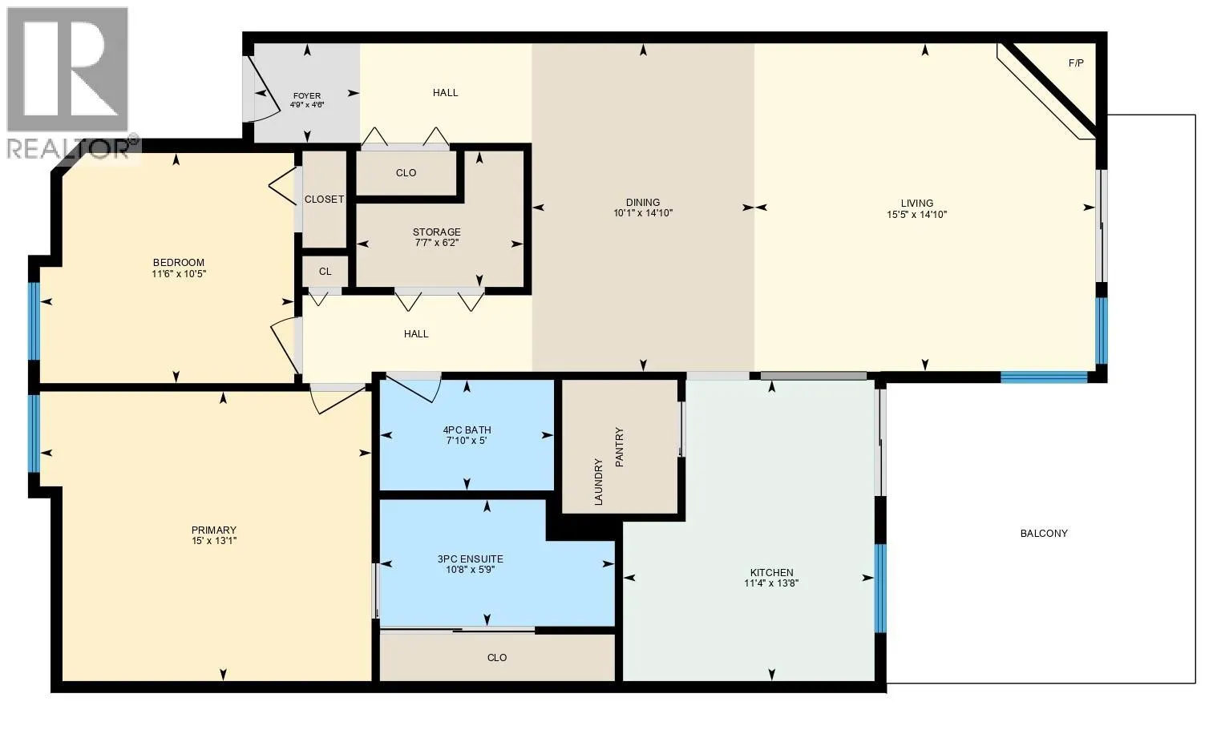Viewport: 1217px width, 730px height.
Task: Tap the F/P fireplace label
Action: (x=1076, y=63)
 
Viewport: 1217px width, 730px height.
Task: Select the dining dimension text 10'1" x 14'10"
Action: (x=643, y=214)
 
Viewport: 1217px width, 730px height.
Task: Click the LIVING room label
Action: (x=916, y=203)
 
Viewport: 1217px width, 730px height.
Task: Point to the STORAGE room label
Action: (x=437, y=232)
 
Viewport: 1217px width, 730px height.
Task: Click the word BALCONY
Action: (x=1044, y=533)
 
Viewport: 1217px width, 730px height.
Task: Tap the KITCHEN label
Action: (x=771, y=572)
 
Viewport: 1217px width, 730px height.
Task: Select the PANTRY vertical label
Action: (x=619, y=447)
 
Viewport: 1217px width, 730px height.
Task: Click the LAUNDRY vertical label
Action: (x=598, y=481)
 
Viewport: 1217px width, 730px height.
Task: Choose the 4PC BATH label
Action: (x=467, y=430)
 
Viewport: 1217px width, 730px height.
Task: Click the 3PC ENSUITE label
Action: (x=471, y=559)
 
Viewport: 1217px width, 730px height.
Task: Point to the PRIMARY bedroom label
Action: (x=214, y=530)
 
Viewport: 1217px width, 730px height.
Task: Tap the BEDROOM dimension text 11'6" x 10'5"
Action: (x=179, y=274)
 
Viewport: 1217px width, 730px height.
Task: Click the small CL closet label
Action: (x=325, y=272)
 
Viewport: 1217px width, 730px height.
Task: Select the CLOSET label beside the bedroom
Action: (x=324, y=199)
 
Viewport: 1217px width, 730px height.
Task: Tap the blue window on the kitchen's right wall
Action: (x=880, y=588)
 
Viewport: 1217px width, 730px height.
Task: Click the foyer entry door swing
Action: (x=258, y=92)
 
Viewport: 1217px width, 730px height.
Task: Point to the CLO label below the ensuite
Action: (x=497, y=657)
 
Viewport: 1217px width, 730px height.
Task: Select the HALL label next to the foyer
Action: (x=446, y=92)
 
